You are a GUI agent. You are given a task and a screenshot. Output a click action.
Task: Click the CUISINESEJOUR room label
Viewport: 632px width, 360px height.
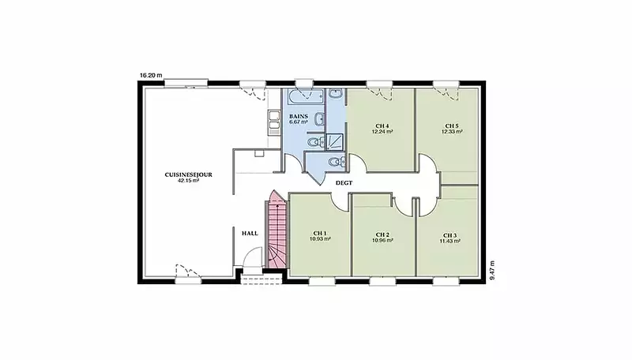click(188, 174)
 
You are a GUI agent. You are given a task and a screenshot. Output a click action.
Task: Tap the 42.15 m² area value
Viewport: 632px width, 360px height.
click(188, 181)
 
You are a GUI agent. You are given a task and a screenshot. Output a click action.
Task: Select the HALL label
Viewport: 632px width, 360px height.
click(250, 233)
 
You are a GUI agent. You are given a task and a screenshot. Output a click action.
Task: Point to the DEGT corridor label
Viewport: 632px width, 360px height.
click(344, 183)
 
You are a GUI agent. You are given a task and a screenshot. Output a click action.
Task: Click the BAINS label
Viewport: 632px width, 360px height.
click(299, 116)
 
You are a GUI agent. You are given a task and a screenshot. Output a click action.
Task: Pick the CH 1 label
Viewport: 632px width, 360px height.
click(320, 233)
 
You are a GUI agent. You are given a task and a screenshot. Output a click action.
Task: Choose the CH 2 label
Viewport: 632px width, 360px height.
click(382, 234)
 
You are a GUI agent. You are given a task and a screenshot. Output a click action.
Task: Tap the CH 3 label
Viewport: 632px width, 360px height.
click(450, 235)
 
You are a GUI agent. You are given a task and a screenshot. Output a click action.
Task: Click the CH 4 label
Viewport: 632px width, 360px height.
click(382, 126)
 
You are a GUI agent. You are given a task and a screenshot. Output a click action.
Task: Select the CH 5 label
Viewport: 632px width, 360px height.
click(452, 126)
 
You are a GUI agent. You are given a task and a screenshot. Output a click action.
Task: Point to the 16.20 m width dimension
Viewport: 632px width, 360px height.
click(151, 75)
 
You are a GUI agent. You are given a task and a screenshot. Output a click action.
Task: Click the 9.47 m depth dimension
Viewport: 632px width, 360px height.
click(492, 271)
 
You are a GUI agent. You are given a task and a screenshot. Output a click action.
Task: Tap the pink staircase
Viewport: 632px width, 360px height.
click(277, 230)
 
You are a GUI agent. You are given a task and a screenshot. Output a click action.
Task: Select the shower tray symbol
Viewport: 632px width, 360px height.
click(334, 142)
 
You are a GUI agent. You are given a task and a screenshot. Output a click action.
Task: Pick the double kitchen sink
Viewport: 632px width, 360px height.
click(274, 121)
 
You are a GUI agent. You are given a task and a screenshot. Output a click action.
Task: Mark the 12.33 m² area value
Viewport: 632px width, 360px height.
click(452, 132)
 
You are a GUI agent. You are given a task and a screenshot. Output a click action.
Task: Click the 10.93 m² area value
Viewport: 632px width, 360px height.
click(320, 239)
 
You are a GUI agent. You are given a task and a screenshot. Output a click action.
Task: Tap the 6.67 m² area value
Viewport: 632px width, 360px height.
click(299, 122)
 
